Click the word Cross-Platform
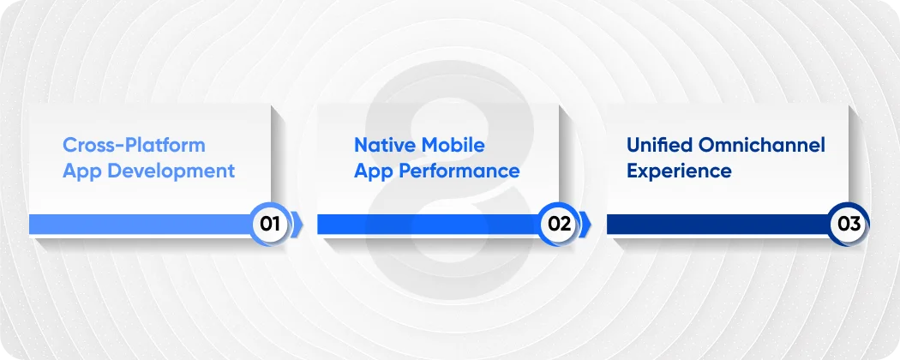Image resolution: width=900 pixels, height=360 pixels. (134, 144)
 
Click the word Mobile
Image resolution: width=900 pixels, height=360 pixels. (454, 144)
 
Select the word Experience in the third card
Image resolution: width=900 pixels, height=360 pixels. (679, 171)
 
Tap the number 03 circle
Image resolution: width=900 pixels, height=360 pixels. (849, 225)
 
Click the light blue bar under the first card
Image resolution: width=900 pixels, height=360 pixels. (137, 225)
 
